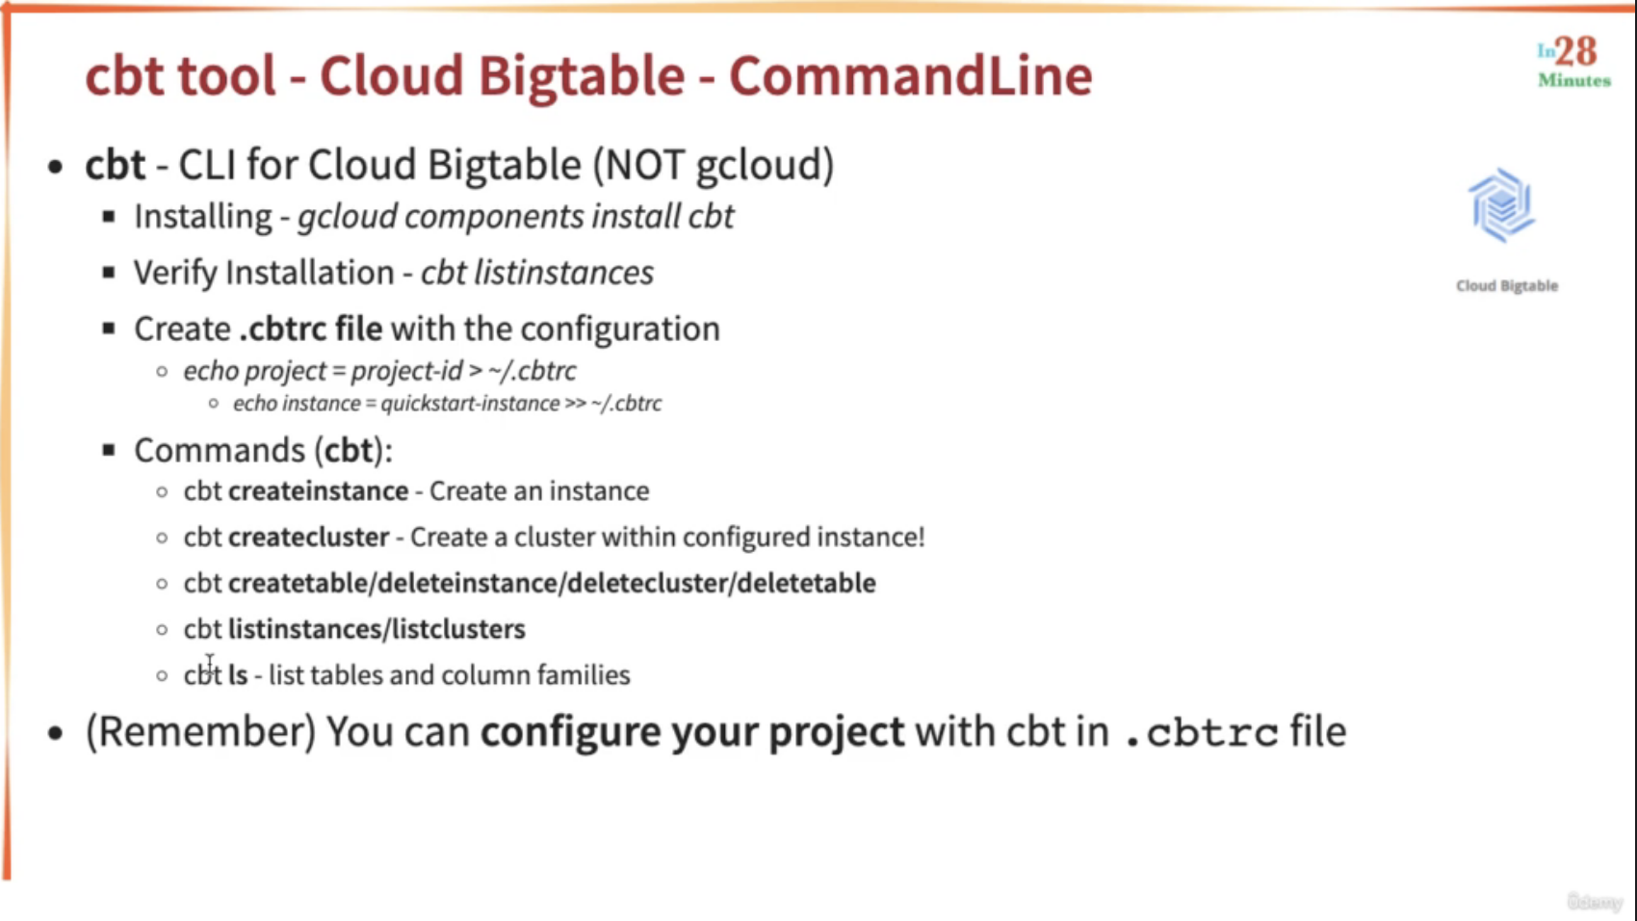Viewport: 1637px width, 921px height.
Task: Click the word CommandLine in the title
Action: point(911,75)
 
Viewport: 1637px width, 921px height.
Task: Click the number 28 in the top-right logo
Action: point(1575,51)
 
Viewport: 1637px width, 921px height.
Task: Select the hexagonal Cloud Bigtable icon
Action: point(1502,205)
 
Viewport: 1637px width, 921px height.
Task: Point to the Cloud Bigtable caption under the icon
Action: point(1507,286)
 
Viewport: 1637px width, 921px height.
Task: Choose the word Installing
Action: point(203,217)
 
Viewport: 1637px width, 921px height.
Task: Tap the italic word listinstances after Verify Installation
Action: point(564,273)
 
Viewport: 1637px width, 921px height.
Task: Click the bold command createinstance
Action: point(319,491)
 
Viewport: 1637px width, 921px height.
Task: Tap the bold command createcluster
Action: point(308,538)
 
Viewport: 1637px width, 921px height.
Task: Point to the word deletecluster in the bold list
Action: point(648,583)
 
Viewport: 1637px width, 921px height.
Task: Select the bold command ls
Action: point(238,675)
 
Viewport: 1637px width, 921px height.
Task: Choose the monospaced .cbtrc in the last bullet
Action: point(1202,733)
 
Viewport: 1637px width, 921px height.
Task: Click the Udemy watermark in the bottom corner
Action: point(1595,902)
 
